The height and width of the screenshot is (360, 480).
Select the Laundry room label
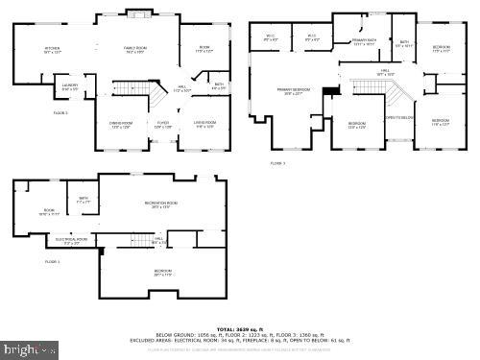pyautogui.click(x=70, y=87)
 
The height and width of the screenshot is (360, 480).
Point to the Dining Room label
pyautogui.click(x=120, y=124)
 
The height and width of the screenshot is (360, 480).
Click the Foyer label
pyautogui.click(x=163, y=124)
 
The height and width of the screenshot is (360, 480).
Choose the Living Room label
pyautogui.click(x=204, y=124)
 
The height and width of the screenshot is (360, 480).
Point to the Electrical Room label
pyautogui.click(x=72, y=241)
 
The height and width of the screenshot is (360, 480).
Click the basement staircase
pyautogui.click(x=142, y=239)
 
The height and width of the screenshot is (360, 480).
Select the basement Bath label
pyautogui.click(x=84, y=201)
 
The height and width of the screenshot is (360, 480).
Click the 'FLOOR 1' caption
pyautogui.click(x=52, y=261)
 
